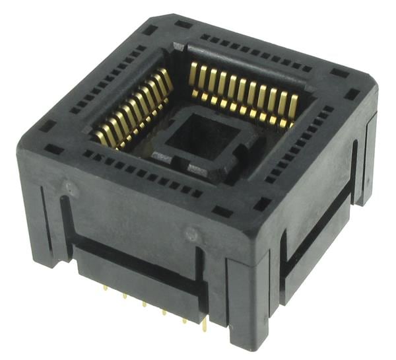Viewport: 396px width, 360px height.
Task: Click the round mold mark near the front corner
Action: pos(191,233)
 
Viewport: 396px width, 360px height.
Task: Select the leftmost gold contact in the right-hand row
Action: pos(194,74)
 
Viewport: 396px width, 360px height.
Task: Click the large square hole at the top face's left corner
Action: pos(47,126)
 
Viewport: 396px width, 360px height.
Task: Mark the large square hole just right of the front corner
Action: pos(261,204)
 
